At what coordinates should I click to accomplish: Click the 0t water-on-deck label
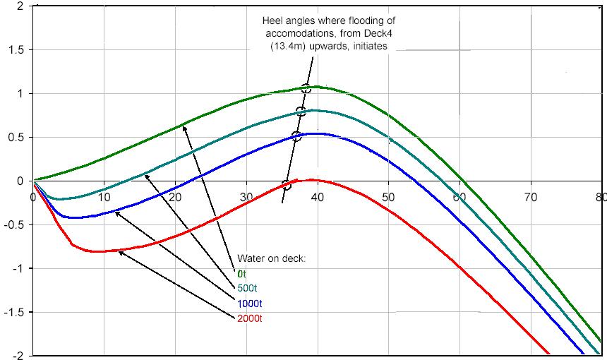tap(242, 273)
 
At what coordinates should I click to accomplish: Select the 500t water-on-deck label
tap(247, 288)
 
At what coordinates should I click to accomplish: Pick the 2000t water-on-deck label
tap(249, 318)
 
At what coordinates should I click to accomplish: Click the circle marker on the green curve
tap(306, 89)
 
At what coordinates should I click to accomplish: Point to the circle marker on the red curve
tap(286, 186)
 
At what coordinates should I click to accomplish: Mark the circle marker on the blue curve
tap(296, 136)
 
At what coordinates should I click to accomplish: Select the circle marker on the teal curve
tap(301, 111)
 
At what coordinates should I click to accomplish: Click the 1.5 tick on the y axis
tap(16, 49)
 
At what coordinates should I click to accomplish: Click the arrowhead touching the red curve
tap(121, 253)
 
